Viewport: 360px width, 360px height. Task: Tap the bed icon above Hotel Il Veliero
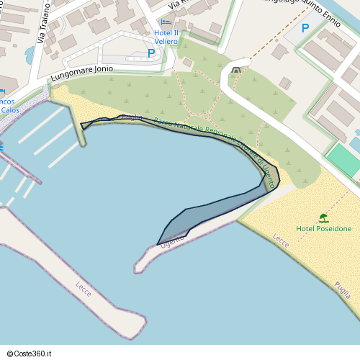click(x=166, y=23)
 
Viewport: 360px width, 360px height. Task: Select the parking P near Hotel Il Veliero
click(x=151, y=53)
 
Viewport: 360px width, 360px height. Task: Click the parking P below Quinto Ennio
click(x=305, y=28)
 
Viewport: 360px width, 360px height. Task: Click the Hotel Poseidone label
click(x=324, y=229)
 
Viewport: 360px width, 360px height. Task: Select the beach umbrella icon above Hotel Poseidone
click(x=324, y=217)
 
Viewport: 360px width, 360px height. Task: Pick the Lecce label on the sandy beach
click(x=281, y=241)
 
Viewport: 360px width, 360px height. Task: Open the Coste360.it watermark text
click(x=31, y=353)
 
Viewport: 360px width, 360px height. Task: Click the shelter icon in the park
click(x=237, y=70)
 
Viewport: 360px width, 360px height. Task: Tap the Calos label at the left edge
click(x=9, y=110)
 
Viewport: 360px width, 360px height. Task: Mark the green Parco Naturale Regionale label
click(x=209, y=133)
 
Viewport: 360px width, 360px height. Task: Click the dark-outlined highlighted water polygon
click(x=216, y=205)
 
